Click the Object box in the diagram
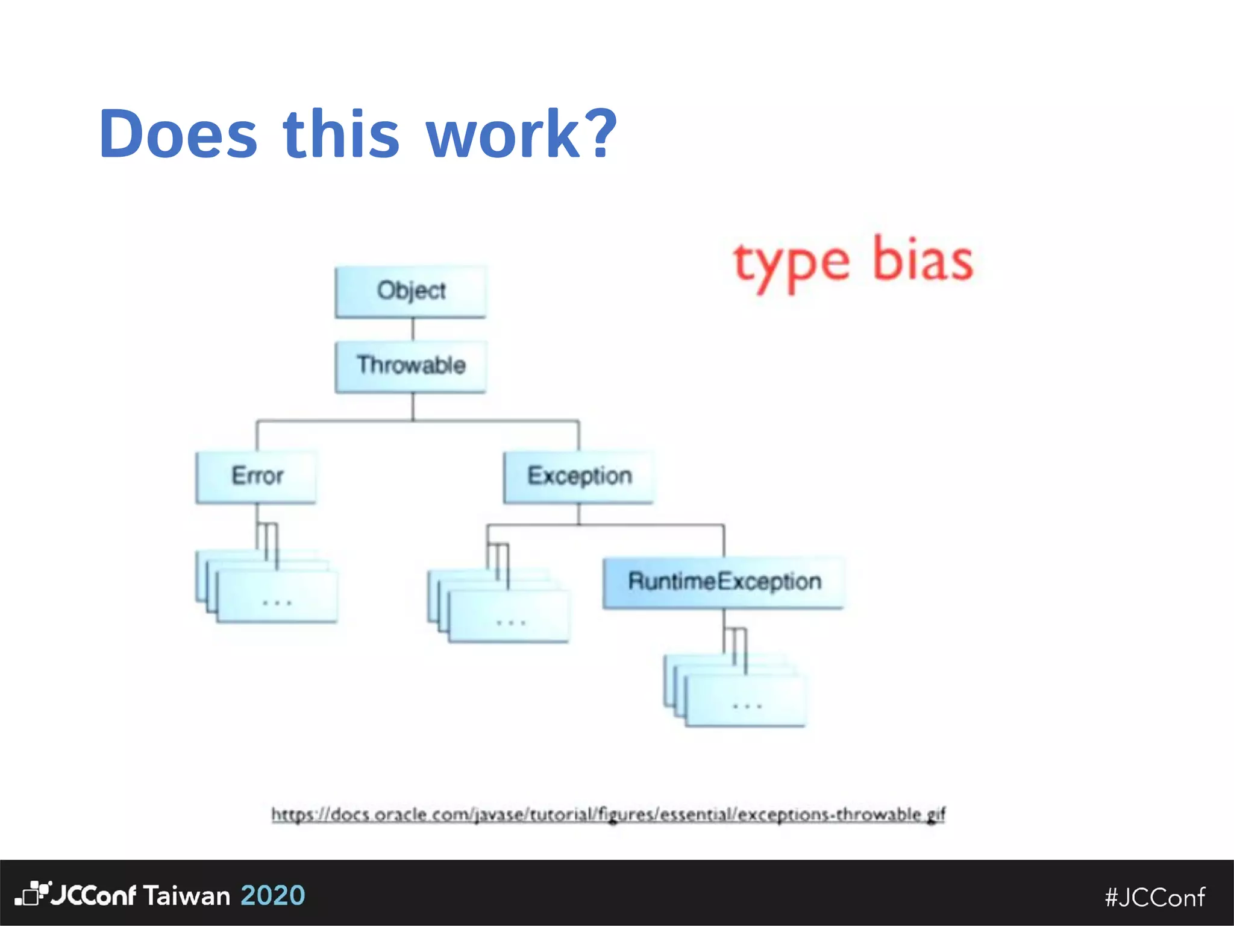click(x=411, y=291)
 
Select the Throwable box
click(x=411, y=366)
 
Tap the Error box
click(x=257, y=476)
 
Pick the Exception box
click(x=579, y=476)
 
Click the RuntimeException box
click(x=724, y=582)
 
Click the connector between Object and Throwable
click(x=413, y=329)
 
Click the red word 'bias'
click(x=922, y=260)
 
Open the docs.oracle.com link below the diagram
click(x=608, y=814)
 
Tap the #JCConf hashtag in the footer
click(x=1154, y=898)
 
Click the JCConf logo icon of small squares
click(x=33, y=893)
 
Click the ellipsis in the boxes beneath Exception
click(x=510, y=623)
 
